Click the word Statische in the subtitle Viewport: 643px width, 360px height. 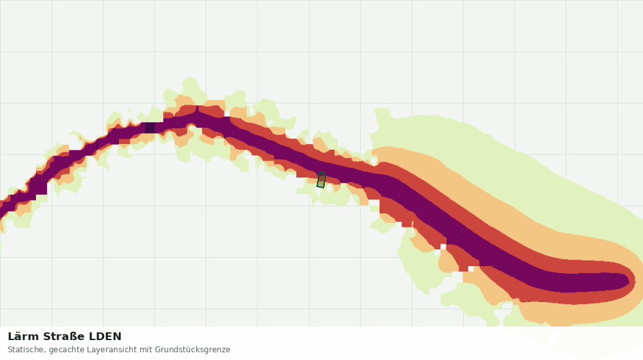click(x=24, y=350)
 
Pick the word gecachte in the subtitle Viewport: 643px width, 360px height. click(x=60, y=350)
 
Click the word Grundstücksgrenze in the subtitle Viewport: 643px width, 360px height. click(x=193, y=350)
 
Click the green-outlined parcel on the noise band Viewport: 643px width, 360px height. click(x=321, y=180)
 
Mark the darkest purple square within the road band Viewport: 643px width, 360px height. click(x=150, y=127)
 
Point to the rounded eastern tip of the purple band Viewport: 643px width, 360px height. click(x=628, y=282)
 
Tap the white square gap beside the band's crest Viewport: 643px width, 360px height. click(x=227, y=114)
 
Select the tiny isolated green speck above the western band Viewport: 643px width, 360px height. click(x=129, y=109)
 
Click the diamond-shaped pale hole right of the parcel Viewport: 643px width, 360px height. click(x=374, y=160)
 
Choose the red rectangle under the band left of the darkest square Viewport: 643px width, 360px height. click(x=124, y=141)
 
